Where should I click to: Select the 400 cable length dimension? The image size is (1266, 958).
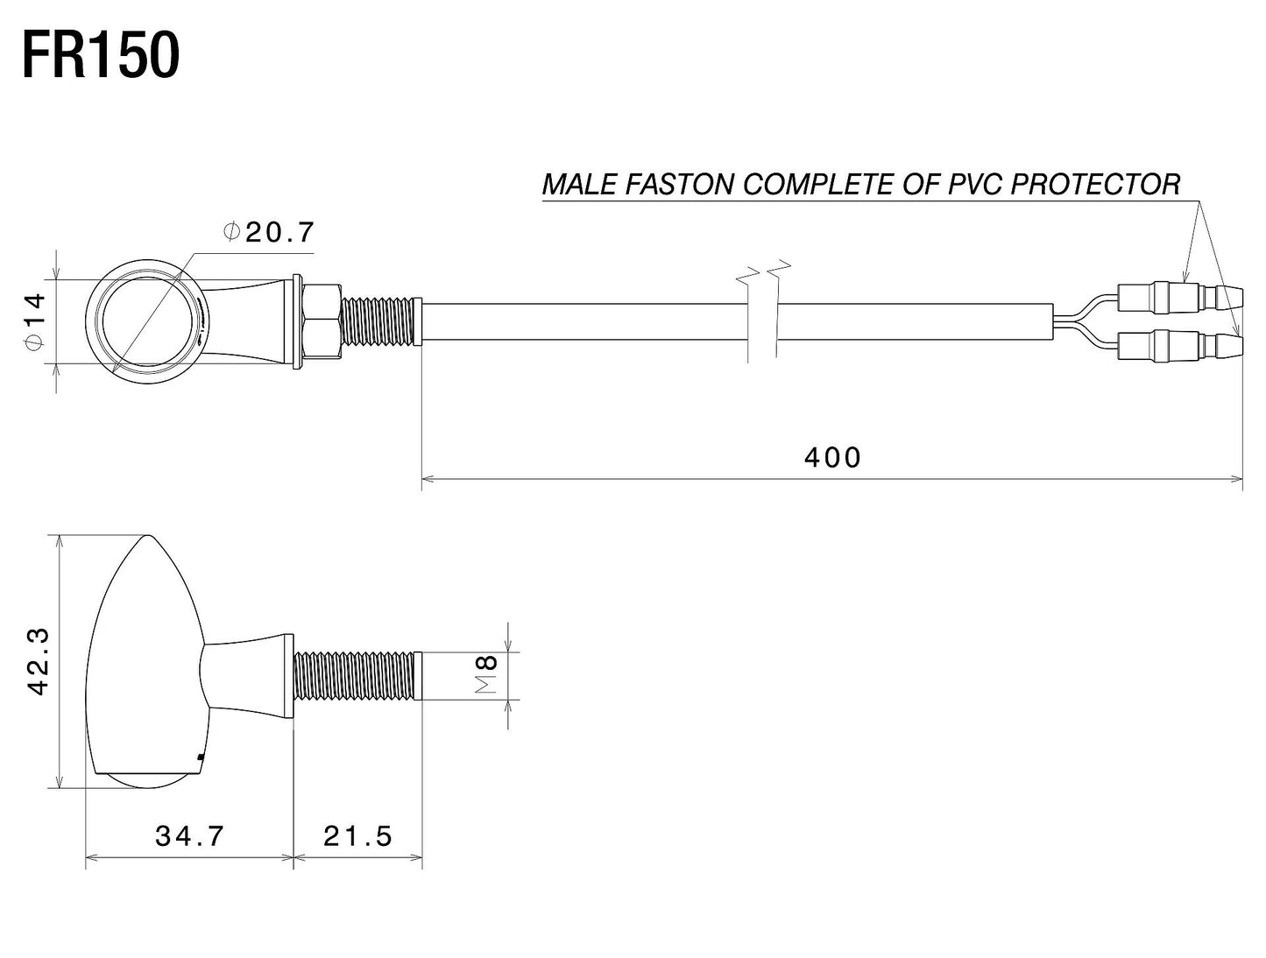click(x=832, y=457)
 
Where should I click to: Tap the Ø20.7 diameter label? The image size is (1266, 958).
click(x=268, y=232)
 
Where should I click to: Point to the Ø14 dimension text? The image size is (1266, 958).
click(x=32, y=321)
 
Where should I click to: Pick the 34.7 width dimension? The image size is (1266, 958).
click(x=190, y=836)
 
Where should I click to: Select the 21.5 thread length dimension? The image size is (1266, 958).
click(x=357, y=836)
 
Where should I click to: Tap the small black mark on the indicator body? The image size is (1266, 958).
click(x=202, y=756)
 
